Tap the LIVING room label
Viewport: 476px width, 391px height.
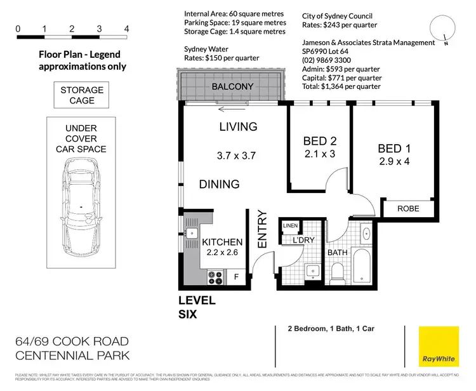click(238, 127)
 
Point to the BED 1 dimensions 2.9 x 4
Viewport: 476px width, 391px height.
click(394, 162)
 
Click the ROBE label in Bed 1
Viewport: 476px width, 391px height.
click(407, 209)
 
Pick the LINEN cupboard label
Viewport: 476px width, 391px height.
click(290, 225)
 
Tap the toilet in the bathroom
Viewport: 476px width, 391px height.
click(338, 272)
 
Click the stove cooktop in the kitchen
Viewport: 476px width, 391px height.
click(215, 277)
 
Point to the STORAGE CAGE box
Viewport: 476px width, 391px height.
click(82, 95)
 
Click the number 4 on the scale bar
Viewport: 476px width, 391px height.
click(127, 29)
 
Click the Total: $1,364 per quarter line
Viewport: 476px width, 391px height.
click(341, 86)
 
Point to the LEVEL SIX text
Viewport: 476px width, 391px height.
click(197, 307)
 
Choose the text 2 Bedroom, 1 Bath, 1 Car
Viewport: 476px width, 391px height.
click(322, 329)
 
